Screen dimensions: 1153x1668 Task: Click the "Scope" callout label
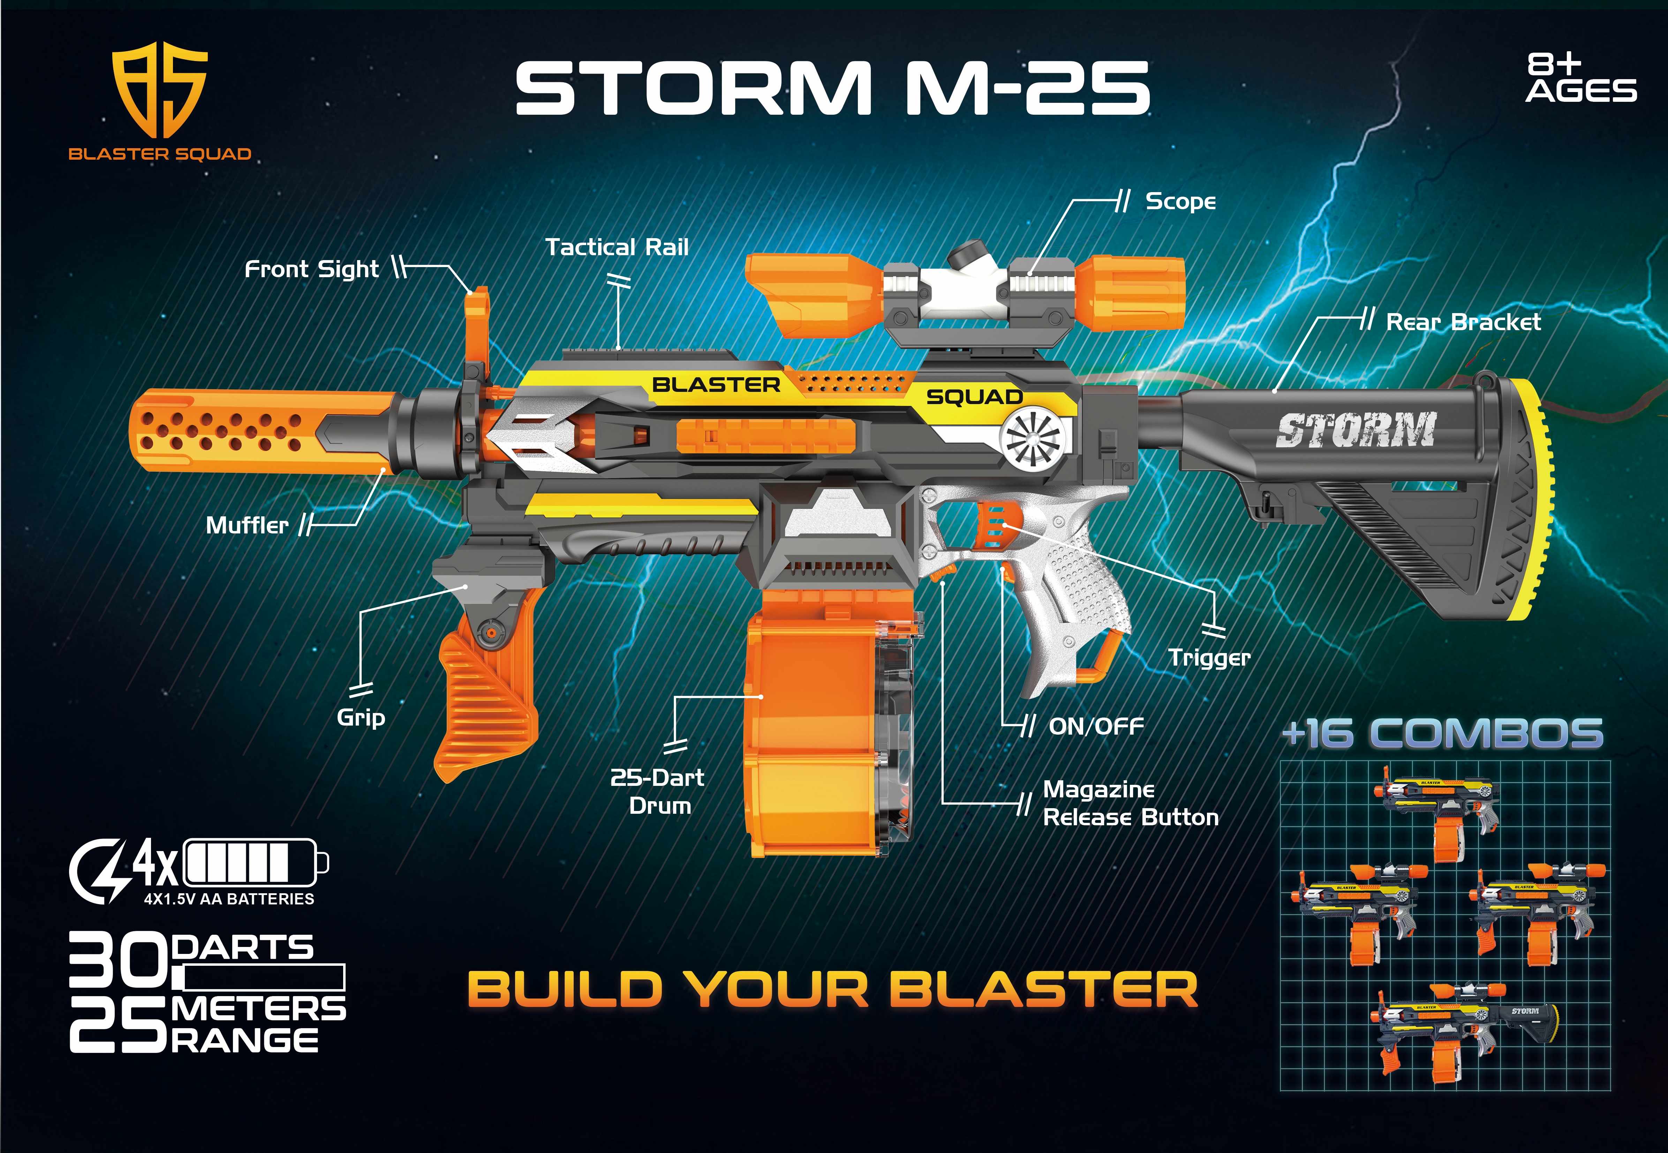coord(1180,202)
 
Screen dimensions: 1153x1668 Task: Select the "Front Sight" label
coord(311,270)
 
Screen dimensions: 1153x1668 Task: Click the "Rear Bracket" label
coord(1463,322)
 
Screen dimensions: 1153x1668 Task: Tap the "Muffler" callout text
coord(247,525)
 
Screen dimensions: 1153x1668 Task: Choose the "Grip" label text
coord(361,718)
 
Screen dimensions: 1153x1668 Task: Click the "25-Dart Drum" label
coord(657,791)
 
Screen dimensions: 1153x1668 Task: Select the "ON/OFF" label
coord(1096,726)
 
